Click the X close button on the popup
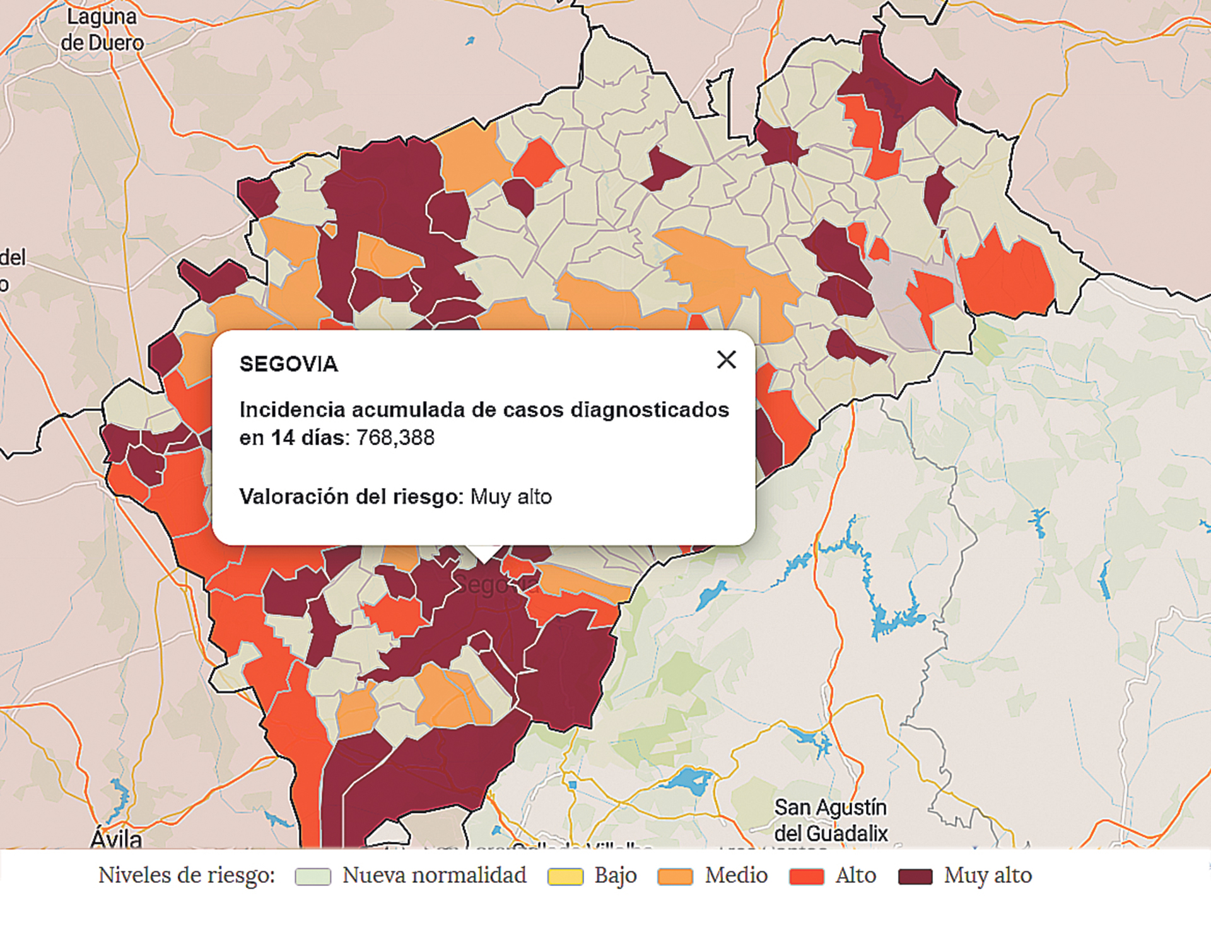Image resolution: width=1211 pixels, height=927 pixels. (x=727, y=360)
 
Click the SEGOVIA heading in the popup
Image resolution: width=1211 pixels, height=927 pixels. (x=288, y=364)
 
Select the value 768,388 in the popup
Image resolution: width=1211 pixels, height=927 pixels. (x=395, y=438)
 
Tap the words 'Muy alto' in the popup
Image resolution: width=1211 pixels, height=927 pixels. (x=511, y=497)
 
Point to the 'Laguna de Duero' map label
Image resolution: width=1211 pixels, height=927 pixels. (x=102, y=30)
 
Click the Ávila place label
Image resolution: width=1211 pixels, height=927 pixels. (x=116, y=839)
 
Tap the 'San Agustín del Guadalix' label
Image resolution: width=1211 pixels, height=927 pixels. (x=831, y=820)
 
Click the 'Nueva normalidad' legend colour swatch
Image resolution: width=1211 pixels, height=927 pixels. (x=313, y=877)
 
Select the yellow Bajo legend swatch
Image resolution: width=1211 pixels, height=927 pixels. (x=565, y=877)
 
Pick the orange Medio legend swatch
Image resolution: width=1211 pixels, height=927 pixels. (x=675, y=877)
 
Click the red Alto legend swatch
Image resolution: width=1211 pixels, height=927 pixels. (x=806, y=877)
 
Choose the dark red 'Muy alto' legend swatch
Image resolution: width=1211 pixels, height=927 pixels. (x=915, y=877)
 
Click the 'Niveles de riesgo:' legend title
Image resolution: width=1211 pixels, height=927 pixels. (x=187, y=875)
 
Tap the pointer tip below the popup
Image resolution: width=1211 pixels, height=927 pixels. (x=484, y=558)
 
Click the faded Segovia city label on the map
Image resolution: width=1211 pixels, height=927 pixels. (x=495, y=585)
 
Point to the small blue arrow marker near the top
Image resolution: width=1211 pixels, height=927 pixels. (x=470, y=41)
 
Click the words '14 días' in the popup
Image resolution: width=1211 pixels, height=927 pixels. (x=310, y=438)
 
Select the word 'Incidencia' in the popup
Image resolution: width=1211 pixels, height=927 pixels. (x=292, y=410)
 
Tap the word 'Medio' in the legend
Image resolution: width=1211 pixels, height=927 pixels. (x=736, y=875)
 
